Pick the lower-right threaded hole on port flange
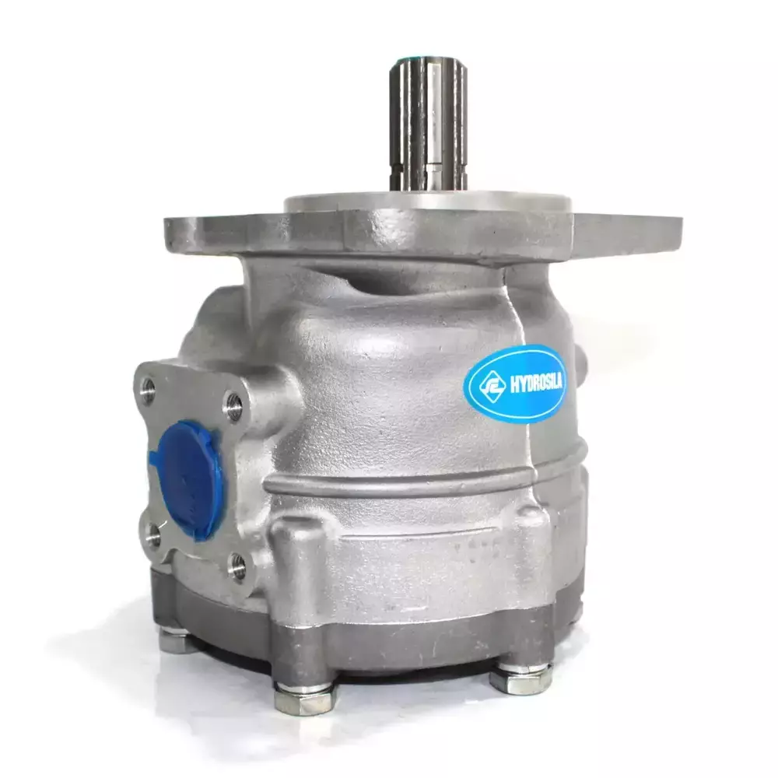pos(237,565)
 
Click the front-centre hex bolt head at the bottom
pos(304,698)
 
